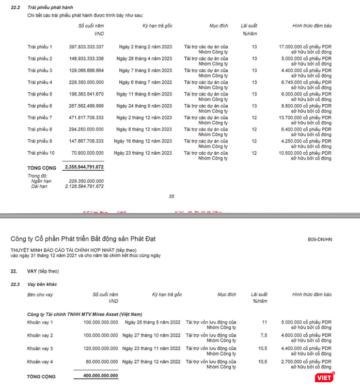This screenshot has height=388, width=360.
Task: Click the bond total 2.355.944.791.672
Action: point(85,168)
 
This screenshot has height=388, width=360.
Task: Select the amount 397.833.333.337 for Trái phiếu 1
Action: point(86,47)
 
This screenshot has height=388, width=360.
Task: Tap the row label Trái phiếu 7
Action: point(40,118)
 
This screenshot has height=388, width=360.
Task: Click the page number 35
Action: point(172,196)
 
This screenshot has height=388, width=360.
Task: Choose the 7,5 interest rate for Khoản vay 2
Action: point(264,335)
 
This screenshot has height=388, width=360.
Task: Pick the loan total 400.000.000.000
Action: point(100,376)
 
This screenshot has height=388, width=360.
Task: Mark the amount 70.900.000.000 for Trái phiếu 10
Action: point(89,153)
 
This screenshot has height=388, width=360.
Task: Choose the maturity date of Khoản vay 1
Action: point(153,322)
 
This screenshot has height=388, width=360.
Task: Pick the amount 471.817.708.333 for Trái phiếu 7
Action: point(86,118)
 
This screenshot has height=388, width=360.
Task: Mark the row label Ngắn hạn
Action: point(41,181)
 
